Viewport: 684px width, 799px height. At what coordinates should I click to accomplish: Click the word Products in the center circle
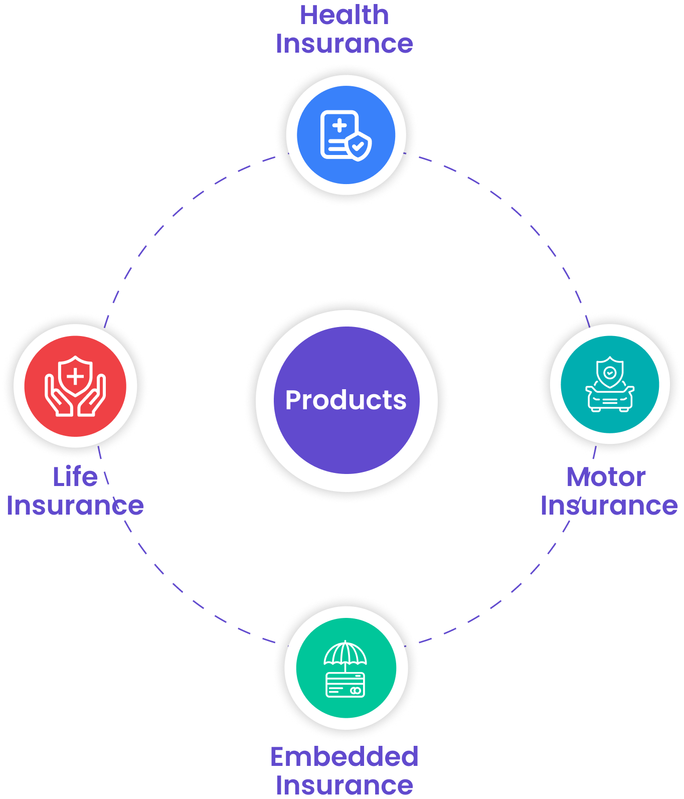coord(346,400)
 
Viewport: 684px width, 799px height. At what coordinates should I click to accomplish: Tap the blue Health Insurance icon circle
coord(346,135)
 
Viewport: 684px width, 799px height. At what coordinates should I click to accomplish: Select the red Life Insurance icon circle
coord(75,385)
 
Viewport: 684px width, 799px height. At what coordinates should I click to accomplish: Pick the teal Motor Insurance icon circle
coord(610,384)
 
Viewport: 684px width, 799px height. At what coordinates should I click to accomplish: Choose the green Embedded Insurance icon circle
coord(346,668)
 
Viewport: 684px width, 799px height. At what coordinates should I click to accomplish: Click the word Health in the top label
coord(344,15)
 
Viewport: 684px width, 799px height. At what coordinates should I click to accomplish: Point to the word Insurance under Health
coord(344,44)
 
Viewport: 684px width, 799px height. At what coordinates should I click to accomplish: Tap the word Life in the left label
coord(75,476)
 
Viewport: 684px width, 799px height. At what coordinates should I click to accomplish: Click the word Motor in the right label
coord(606,477)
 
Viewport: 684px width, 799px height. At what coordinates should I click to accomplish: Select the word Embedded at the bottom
coord(344,756)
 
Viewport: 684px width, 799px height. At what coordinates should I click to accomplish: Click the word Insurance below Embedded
coord(344,785)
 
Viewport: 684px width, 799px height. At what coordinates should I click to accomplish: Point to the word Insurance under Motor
coord(609,506)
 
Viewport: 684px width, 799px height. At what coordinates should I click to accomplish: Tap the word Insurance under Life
coord(75,505)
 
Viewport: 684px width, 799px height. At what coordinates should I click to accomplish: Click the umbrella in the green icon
coord(346,653)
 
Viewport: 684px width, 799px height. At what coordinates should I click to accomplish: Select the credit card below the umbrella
coord(346,685)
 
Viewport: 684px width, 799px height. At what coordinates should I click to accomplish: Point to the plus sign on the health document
coord(339,125)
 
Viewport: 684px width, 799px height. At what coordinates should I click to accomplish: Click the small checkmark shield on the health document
coord(359,146)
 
